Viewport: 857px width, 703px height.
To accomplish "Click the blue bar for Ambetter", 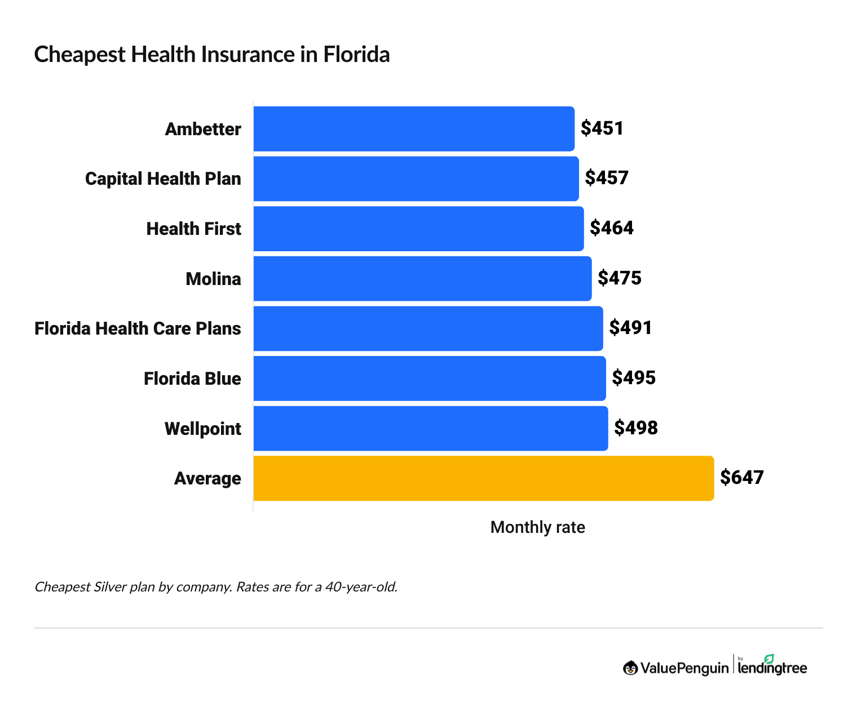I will point(414,129).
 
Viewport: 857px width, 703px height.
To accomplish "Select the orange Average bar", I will point(483,478).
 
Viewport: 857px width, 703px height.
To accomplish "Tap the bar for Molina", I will point(422,278).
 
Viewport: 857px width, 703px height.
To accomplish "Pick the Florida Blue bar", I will point(430,379).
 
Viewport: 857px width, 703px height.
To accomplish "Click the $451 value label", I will point(602,128).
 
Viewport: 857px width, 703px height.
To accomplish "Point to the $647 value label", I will point(741,478).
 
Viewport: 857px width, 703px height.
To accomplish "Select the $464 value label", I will point(611,228).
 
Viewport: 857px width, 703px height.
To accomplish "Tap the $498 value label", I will point(635,428).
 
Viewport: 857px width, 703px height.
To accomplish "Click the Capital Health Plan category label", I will point(163,179).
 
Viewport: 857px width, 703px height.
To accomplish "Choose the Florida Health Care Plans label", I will point(138,328).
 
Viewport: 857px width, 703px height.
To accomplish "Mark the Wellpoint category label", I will point(202,429).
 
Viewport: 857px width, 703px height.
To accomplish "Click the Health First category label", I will point(193,229).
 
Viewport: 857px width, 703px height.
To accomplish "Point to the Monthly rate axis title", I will point(537,527).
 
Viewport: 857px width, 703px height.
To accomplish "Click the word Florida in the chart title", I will point(356,55).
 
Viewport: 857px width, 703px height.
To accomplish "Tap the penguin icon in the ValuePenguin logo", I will point(630,668).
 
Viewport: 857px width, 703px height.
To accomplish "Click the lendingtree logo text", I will point(772,668).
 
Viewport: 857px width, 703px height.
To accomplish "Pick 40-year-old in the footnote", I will point(361,587).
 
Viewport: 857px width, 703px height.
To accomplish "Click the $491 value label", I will point(630,328).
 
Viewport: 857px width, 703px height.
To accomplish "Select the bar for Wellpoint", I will point(431,429).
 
